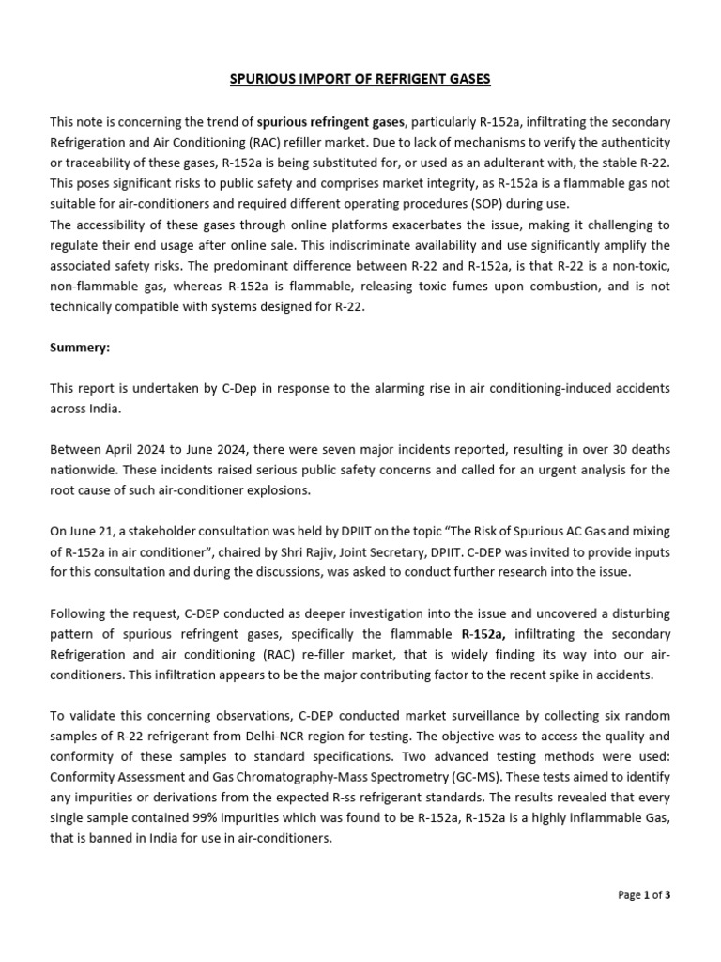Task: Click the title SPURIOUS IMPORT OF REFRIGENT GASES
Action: (x=360, y=79)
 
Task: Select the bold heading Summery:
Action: (x=80, y=347)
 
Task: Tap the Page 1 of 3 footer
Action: (x=644, y=894)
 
